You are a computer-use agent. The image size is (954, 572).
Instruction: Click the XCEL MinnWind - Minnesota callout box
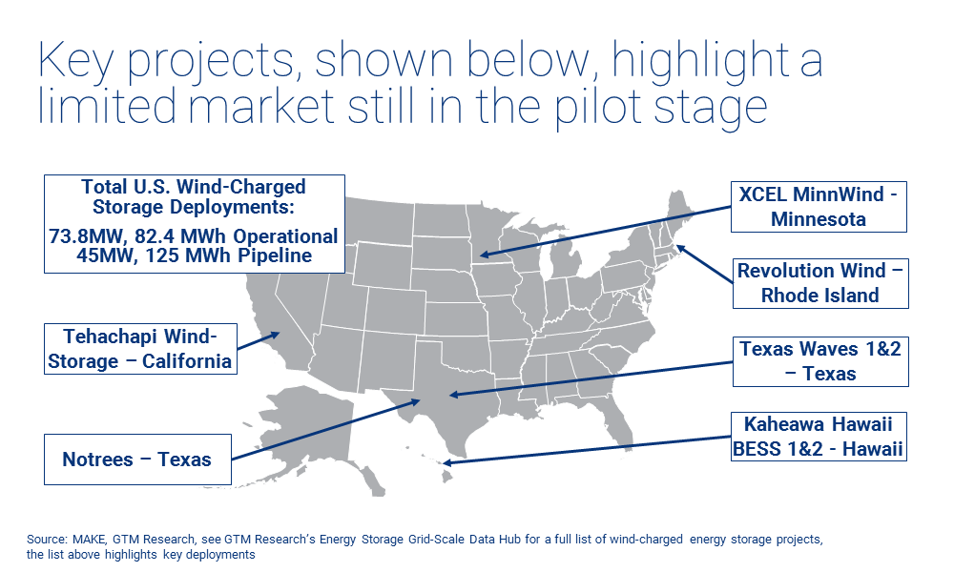(x=818, y=206)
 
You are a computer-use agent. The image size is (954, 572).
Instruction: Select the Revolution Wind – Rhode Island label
(x=819, y=283)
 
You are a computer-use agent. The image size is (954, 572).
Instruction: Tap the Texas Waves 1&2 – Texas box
(x=819, y=361)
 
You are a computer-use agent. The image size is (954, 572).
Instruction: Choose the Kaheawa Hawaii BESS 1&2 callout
(x=819, y=437)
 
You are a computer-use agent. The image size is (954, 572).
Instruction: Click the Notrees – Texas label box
(x=136, y=460)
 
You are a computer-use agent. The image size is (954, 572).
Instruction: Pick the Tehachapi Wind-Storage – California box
(x=139, y=349)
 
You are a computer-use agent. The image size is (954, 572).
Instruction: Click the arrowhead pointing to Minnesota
(x=484, y=255)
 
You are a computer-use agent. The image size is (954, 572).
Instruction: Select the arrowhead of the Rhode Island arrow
(x=680, y=248)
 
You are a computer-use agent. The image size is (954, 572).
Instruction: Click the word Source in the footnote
(x=45, y=540)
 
